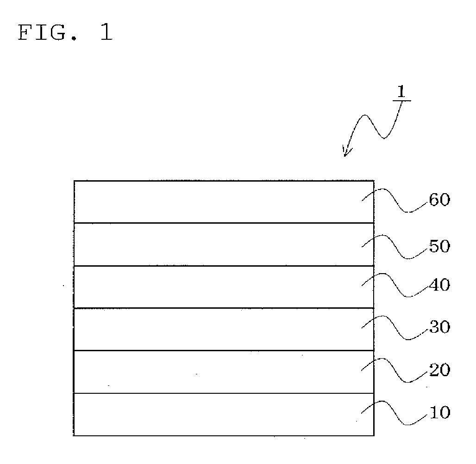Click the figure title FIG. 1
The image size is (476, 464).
point(65,34)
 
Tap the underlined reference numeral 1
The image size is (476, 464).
point(401,92)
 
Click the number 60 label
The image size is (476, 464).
point(439,201)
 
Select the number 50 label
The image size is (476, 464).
point(439,246)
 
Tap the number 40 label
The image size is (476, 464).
point(439,285)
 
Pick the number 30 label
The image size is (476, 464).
point(439,327)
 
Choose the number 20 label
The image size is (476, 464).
point(439,370)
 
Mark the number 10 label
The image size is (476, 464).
point(439,413)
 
